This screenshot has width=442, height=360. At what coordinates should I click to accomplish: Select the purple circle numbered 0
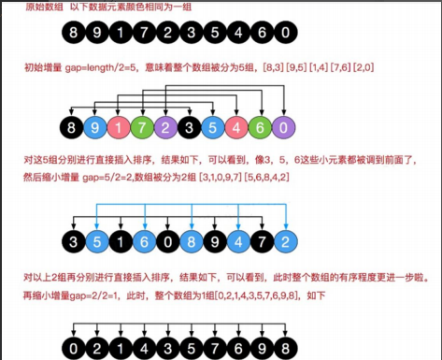coord(286,125)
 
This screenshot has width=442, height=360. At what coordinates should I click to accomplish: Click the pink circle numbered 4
coord(238,125)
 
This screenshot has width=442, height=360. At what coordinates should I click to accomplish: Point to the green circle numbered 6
coord(263,125)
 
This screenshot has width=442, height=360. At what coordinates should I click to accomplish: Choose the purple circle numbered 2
coord(167,125)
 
